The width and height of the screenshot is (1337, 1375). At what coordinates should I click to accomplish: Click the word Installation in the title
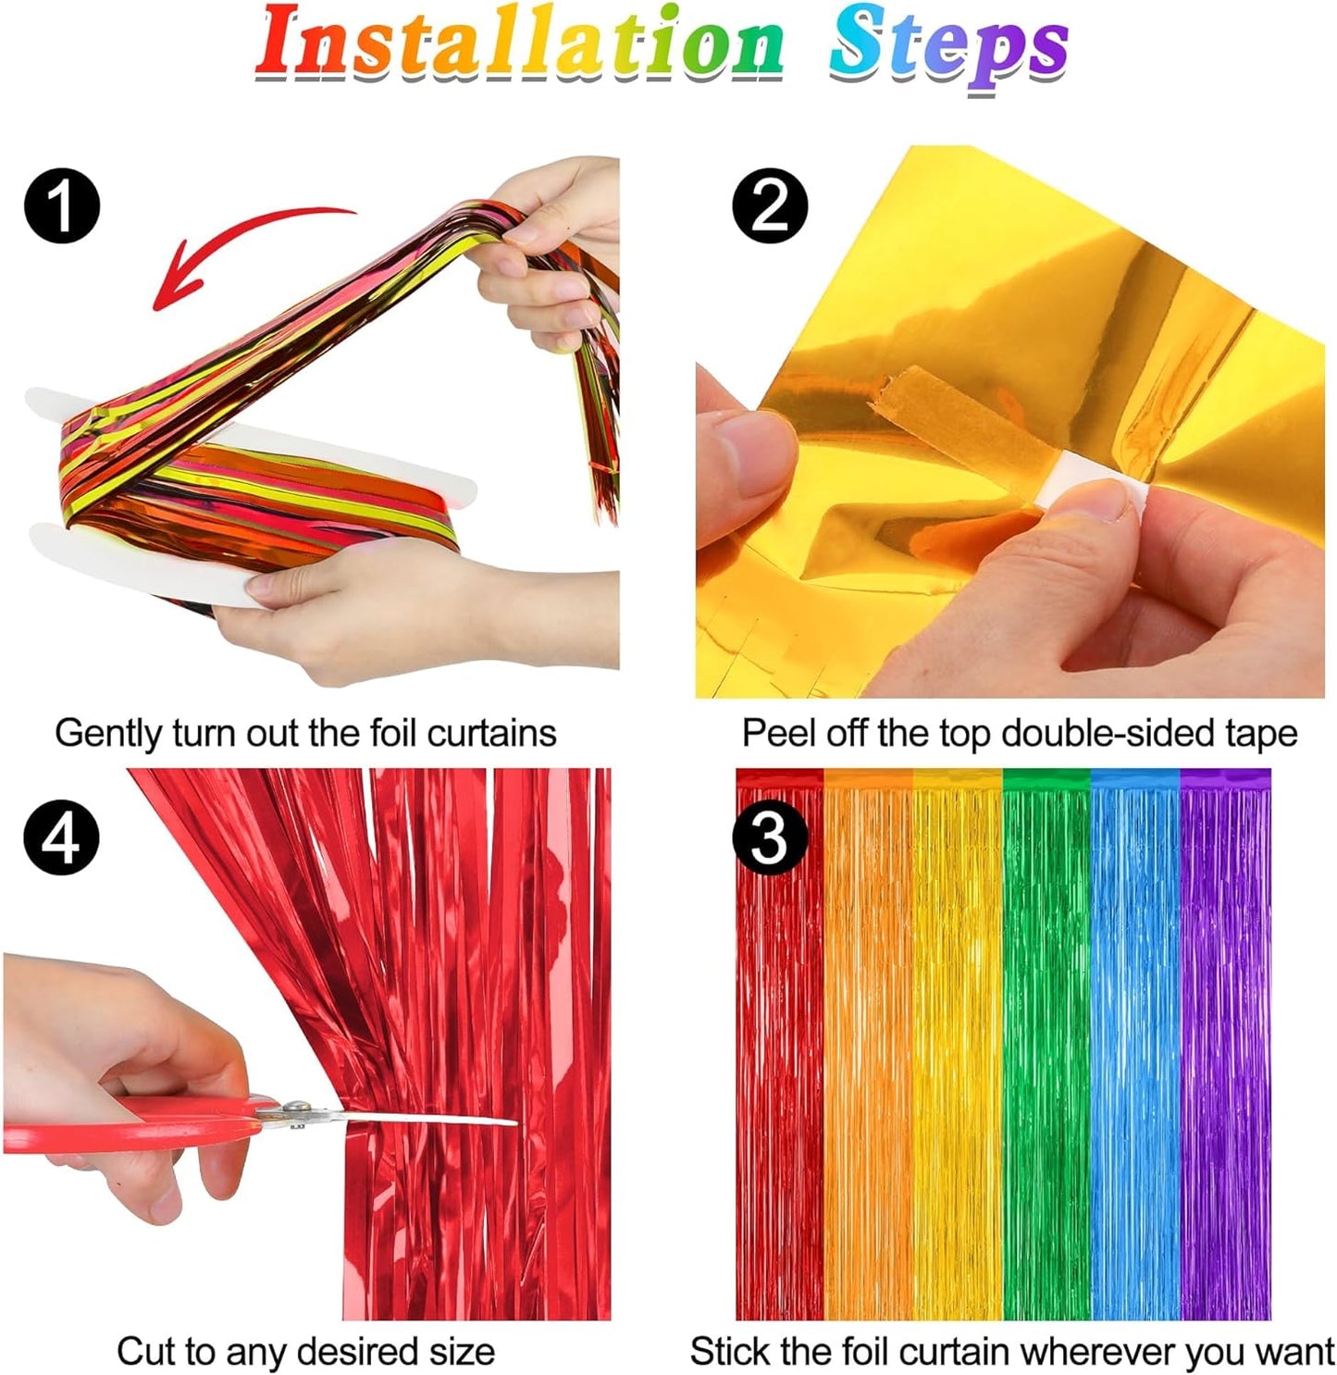(518, 44)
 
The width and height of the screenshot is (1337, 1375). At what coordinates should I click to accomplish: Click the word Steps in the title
(947, 46)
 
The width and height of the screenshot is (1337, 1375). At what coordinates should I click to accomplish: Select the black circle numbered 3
(770, 838)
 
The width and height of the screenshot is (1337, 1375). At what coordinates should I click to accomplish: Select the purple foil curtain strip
(1225, 1046)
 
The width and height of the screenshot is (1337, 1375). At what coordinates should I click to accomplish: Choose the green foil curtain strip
(1046, 1046)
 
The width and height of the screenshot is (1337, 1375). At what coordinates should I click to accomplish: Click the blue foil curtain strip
(1135, 1046)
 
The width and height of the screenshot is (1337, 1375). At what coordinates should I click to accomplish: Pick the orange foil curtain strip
(867, 1046)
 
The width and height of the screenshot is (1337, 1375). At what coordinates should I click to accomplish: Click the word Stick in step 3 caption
(730, 1352)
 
